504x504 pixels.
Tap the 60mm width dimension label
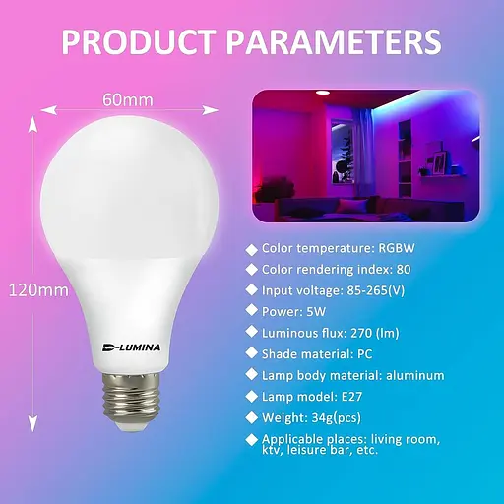point(128,99)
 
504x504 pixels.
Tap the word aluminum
point(414,375)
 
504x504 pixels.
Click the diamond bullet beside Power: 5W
point(252,311)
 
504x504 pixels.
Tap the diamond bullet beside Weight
point(252,417)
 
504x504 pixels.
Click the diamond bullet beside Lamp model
point(252,396)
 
